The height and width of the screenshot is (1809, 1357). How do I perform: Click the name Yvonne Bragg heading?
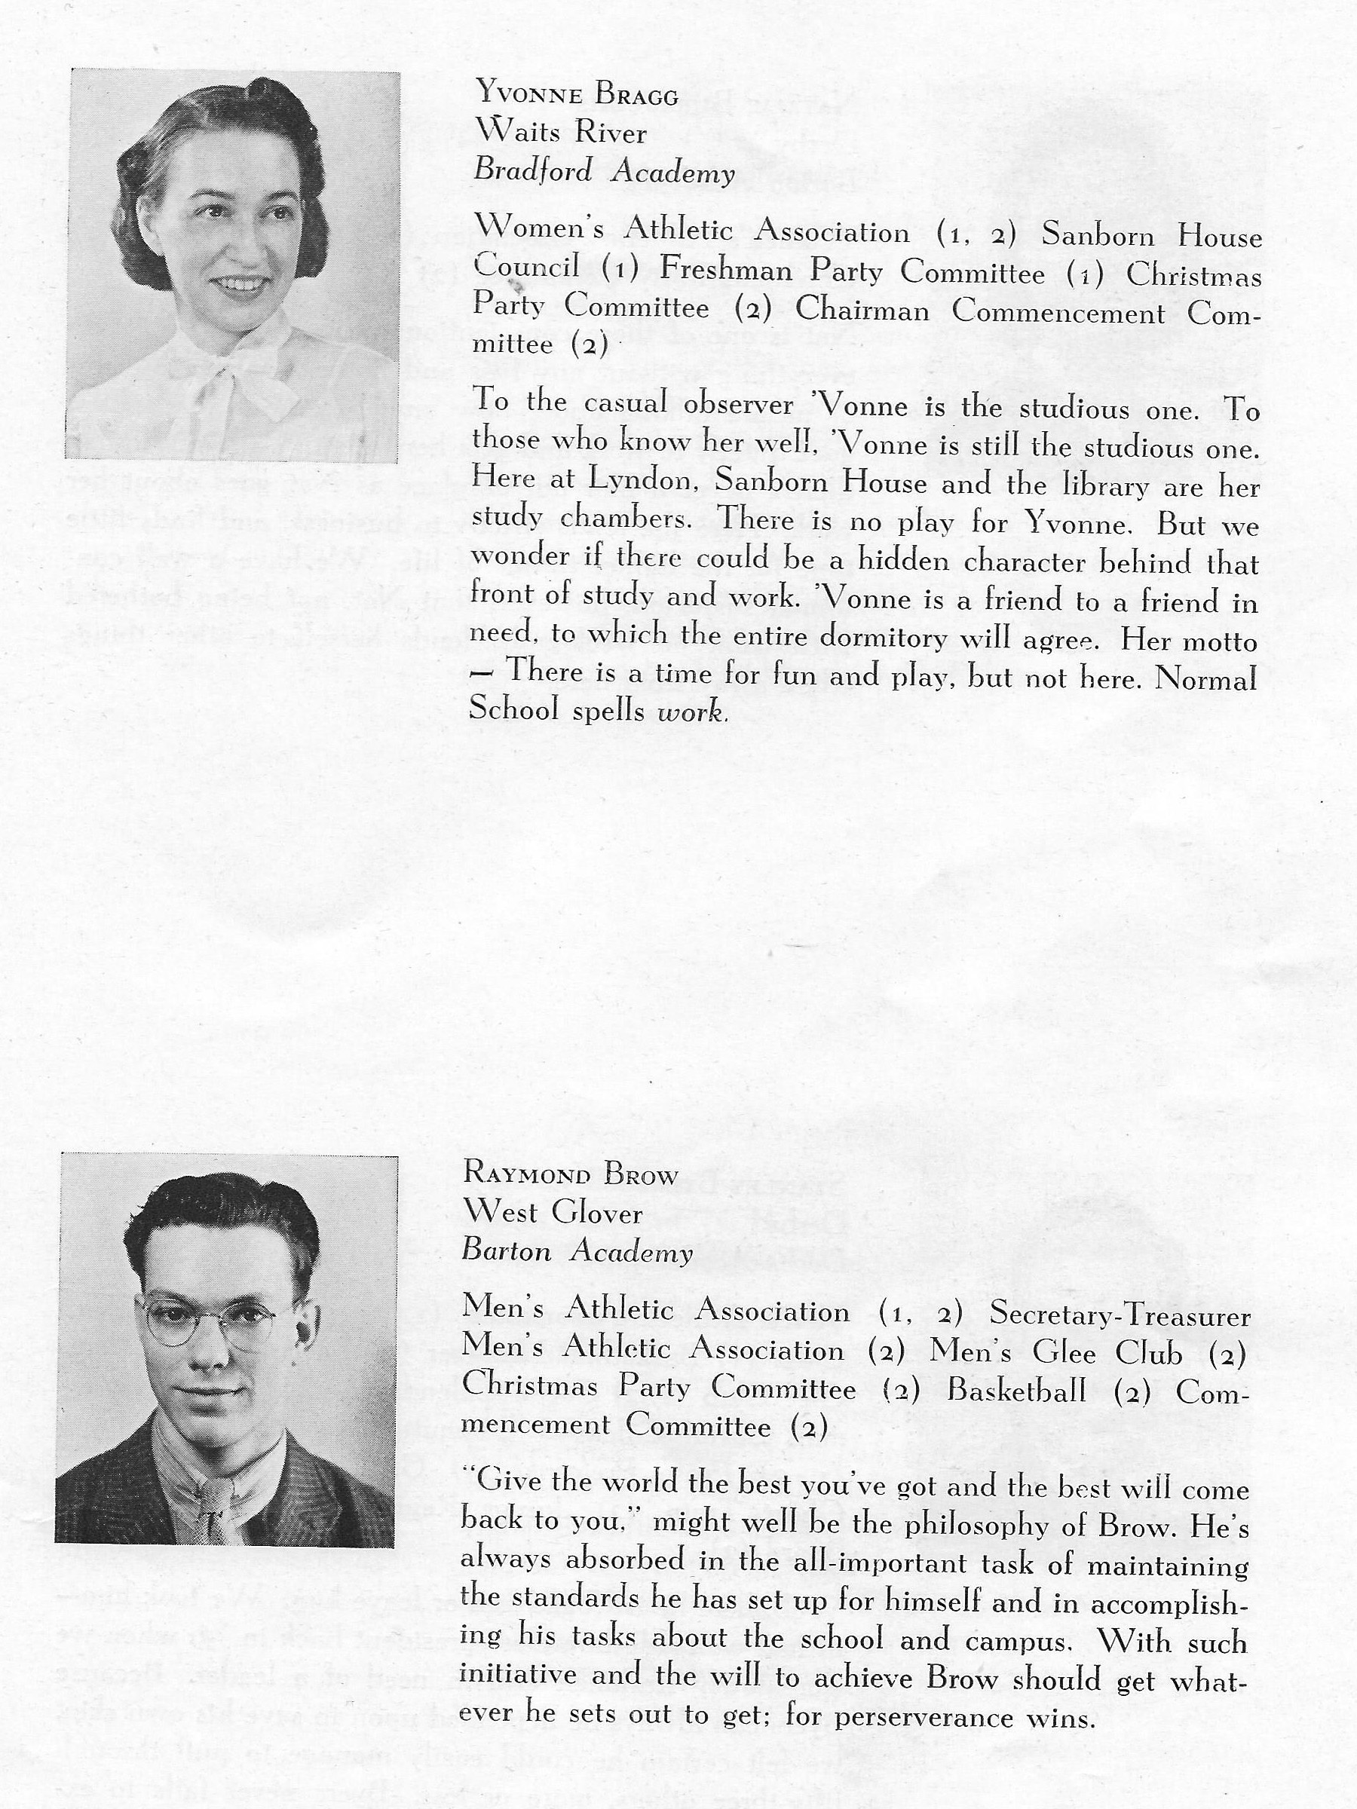pyautogui.click(x=577, y=95)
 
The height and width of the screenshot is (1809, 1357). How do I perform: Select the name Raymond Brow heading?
pyautogui.click(x=570, y=1174)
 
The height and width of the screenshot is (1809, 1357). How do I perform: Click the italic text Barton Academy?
pyautogui.click(x=577, y=1252)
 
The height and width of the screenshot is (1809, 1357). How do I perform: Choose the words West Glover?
pyautogui.click(x=553, y=1212)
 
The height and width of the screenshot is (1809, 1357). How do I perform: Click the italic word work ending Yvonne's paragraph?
pyautogui.click(x=691, y=713)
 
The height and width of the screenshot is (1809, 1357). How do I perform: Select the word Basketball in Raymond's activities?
pyautogui.click(x=1017, y=1390)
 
